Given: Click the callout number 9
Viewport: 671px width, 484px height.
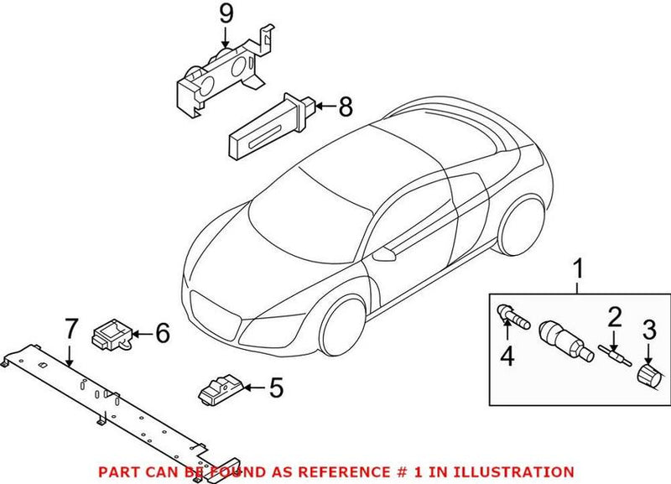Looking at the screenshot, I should coord(224,14).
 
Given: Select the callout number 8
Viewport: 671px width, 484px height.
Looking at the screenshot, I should coord(346,107).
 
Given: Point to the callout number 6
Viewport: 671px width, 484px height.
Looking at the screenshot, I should coord(162,333).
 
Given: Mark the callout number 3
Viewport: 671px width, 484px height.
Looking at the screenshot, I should coord(648,328).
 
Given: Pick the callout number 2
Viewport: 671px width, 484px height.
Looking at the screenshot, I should coord(614,318).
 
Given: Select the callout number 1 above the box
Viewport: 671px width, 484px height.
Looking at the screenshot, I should coord(577,270).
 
